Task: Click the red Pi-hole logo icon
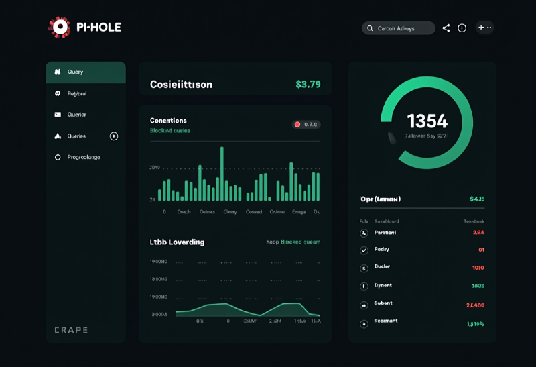(59, 27)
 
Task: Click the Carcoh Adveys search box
(398, 28)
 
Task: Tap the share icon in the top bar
(446, 28)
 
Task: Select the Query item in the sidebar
(85, 72)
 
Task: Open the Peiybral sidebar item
(77, 94)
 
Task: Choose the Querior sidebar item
(76, 115)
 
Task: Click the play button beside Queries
(114, 136)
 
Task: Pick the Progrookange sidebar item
(83, 157)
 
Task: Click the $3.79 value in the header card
(308, 85)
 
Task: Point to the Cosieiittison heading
(181, 85)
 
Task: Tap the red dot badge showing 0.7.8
(306, 125)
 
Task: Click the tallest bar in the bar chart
(222, 174)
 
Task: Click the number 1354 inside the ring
(427, 121)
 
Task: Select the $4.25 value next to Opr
(477, 199)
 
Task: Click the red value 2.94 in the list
(478, 233)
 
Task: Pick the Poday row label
(381, 250)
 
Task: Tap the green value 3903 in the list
(478, 286)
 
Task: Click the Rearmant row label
(385, 321)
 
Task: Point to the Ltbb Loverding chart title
(177, 242)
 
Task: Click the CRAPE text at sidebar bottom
(71, 330)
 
